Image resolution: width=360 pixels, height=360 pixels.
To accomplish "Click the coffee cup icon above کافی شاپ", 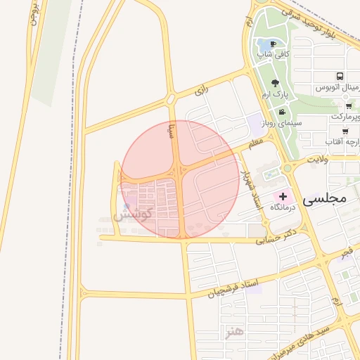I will pyautogui.click(x=273, y=44).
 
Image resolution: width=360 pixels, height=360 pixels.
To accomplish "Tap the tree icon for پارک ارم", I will pyautogui.click(x=275, y=83).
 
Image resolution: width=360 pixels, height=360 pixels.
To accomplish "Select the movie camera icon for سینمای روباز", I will pyautogui.click(x=282, y=112).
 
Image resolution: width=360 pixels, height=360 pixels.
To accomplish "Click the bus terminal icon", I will pyautogui.click(x=340, y=76).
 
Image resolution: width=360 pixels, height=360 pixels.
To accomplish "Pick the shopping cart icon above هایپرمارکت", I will pyautogui.click(x=349, y=106).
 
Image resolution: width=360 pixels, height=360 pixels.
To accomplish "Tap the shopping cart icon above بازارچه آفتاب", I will pyautogui.click(x=345, y=131).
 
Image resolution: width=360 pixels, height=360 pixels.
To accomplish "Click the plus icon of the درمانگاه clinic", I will pyautogui.click(x=283, y=195).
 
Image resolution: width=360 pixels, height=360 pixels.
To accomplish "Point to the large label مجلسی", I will pyautogui.click(x=325, y=199).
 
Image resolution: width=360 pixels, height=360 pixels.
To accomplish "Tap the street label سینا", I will pyautogui.click(x=171, y=130).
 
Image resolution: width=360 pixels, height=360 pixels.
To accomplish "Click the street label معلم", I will pyautogui.click(x=255, y=144).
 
